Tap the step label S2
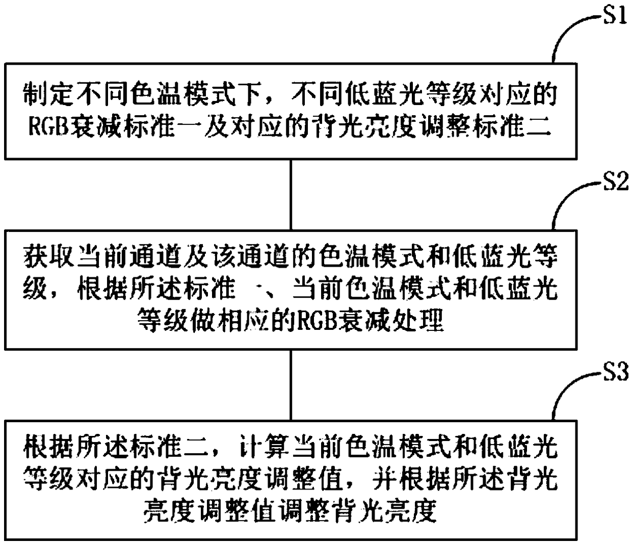616,182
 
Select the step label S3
615,374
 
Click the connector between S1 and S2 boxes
291,194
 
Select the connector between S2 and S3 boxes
291,385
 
